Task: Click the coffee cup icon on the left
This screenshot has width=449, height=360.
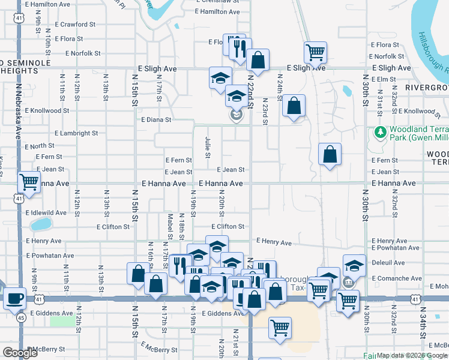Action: pyautogui.click(x=14, y=298)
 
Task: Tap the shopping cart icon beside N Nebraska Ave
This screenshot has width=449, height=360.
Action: pyautogui.click(x=29, y=181)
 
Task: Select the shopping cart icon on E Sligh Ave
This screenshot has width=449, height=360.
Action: pyautogui.click(x=315, y=52)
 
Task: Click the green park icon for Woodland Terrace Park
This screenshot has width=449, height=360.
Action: pyautogui.click(x=379, y=131)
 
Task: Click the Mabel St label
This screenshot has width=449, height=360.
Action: pyautogui.click(x=170, y=224)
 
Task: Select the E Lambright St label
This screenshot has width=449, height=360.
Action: pyautogui.click(x=76, y=133)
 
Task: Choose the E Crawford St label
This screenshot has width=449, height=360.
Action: pyautogui.click(x=75, y=25)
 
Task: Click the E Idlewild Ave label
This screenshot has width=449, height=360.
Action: pyautogui.click(x=46, y=213)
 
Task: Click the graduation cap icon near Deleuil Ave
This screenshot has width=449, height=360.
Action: pyautogui.click(x=354, y=265)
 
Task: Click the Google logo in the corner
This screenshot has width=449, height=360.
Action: pyautogui.click(x=20, y=353)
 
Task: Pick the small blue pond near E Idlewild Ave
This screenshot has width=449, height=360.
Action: pyautogui.click(x=41, y=224)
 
